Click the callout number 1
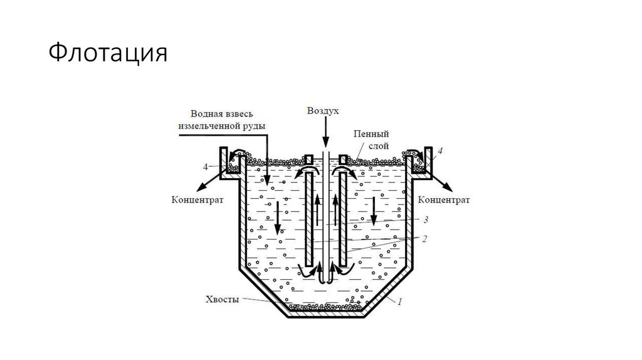pos(399,302)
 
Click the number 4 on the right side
pos(441,152)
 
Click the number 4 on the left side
pos(206,167)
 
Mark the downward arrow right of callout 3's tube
pos(374,212)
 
